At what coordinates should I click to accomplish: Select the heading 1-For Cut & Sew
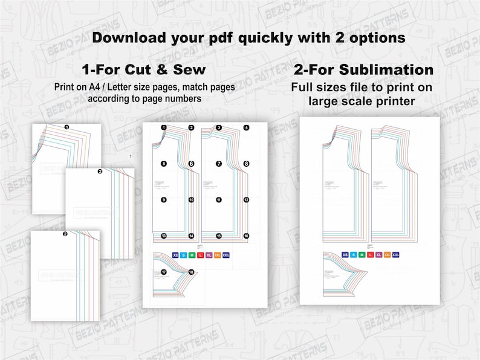coord(143,70)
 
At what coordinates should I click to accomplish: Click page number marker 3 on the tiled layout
coord(219,128)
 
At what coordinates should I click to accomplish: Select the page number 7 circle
coord(219,164)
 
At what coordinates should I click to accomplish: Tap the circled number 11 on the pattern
coord(219,199)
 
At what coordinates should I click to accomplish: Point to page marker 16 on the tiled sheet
coord(246,236)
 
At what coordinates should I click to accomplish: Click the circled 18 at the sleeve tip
coord(192,272)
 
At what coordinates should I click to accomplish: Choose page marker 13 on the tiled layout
coord(164,236)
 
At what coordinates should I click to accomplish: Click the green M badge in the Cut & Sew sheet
coord(192,256)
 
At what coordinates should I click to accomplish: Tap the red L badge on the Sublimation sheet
coord(371,255)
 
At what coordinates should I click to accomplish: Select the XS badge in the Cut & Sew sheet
coord(176,256)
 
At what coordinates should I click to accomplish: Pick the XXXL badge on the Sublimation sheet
coord(396,255)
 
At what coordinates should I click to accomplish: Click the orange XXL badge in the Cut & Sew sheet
coord(217,256)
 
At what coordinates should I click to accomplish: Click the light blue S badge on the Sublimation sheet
coord(354,255)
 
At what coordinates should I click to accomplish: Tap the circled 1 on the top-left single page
coord(66,127)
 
